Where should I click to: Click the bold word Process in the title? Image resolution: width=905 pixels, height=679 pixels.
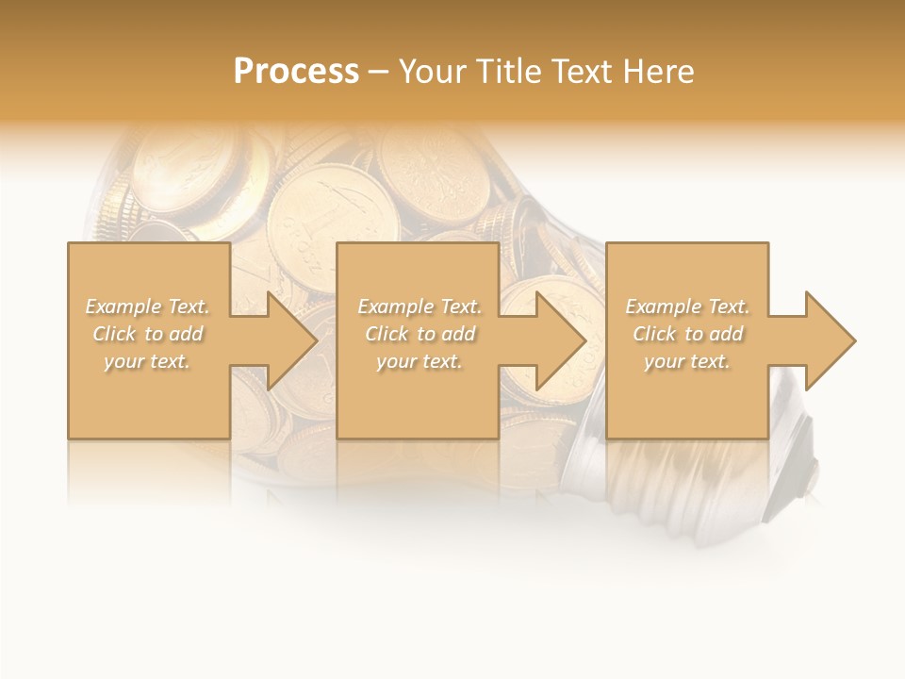[x=296, y=72]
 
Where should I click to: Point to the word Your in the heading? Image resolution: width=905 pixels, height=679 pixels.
[x=435, y=72]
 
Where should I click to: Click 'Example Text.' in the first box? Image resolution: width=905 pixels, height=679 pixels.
[x=147, y=306]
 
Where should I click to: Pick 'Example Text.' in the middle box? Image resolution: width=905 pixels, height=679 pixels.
[x=420, y=306]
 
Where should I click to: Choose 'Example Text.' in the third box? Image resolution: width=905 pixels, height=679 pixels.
[x=687, y=306]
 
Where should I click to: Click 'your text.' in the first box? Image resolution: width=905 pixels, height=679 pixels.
[x=147, y=361]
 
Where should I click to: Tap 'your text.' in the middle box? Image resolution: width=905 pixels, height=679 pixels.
[x=420, y=361]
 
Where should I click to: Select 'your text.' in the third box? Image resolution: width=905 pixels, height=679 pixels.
[x=687, y=361]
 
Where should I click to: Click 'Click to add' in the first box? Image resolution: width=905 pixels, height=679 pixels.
[x=147, y=334]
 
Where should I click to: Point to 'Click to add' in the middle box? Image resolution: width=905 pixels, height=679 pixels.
[x=420, y=334]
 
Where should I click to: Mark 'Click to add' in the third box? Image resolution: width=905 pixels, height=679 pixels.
[x=687, y=334]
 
